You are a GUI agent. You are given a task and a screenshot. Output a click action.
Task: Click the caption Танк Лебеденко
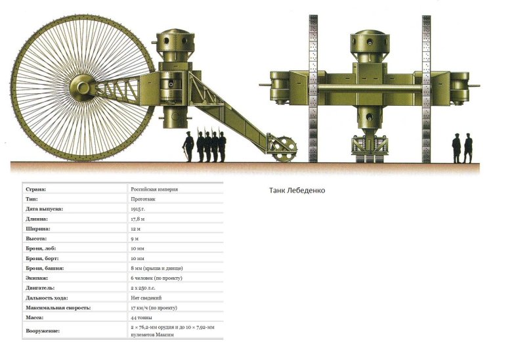coord(297,191)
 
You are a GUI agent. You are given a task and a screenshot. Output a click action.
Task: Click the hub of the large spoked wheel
coord(83,87)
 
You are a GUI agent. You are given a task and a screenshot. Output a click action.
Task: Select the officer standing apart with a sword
coord(188,146)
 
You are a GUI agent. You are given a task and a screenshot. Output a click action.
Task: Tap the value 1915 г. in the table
coord(138,209)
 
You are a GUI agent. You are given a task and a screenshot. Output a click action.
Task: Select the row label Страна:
coord(35,189)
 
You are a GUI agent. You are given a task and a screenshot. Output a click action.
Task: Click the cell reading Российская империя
coord(154,189)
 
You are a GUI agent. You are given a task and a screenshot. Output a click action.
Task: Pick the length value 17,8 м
coord(137,219)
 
